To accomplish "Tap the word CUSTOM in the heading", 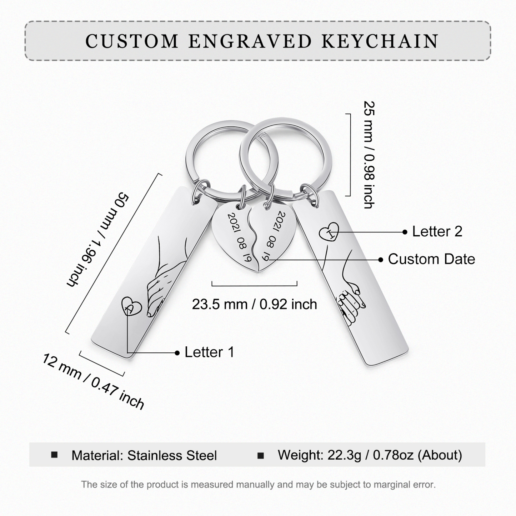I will (132, 41).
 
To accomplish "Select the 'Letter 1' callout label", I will (209, 352).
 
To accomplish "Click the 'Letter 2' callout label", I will (437, 231).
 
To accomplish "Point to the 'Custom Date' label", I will (431, 259).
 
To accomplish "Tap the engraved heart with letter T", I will (329, 232).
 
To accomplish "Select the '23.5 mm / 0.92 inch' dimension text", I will (254, 305).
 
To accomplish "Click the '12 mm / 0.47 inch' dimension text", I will (94, 381).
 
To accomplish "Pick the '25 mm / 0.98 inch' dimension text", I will (369, 155).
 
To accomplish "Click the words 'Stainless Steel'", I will (172, 455).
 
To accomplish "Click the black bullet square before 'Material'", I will (54, 455).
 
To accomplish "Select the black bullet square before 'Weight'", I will (261, 455).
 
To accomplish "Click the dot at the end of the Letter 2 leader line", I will (405, 232).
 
